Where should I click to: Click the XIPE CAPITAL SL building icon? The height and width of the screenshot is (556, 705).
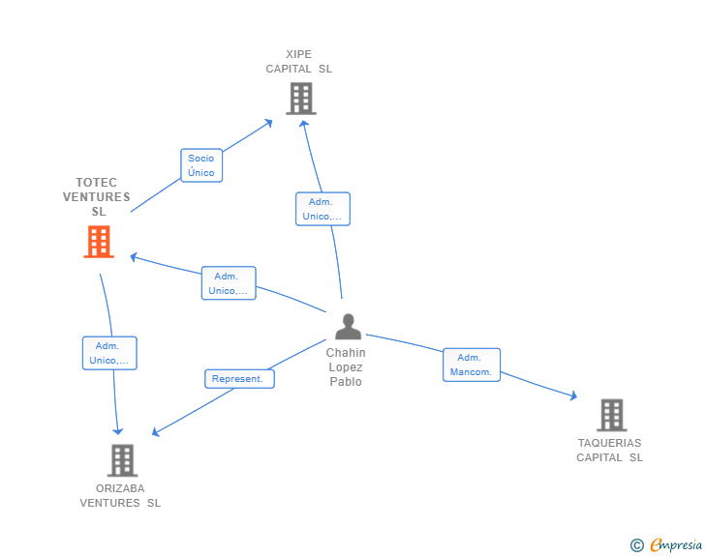pyautogui.click(x=300, y=98)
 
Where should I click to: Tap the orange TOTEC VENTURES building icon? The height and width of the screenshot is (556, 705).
pyautogui.click(x=99, y=242)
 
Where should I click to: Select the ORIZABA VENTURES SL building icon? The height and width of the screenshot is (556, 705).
pyautogui.click(x=121, y=460)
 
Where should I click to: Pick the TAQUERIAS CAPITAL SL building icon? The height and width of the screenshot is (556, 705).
pyautogui.click(x=611, y=415)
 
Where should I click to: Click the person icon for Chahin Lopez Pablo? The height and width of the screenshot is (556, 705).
pyautogui.click(x=347, y=327)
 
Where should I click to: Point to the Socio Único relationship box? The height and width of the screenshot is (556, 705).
pyautogui.click(x=201, y=165)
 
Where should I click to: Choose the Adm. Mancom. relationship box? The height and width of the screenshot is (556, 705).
pyautogui.click(x=472, y=365)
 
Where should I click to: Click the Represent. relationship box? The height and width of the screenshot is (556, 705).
pyautogui.click(x=238, y=379)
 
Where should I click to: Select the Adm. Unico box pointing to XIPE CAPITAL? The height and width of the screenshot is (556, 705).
pyautogui.click(x=322, y=209)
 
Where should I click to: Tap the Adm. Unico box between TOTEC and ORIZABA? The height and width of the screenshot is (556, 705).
pyautogui.click(x=108, y=353)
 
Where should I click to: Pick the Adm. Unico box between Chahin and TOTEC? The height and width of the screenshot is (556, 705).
pyautogui.click(x=229, y=283)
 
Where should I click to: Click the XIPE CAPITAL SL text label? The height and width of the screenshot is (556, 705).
pyautogui.click(x=299, y=61)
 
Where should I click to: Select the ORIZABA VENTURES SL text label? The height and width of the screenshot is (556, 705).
pyautogui.click(x=120, y=495)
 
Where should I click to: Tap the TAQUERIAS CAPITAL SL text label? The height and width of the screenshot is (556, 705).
pyautogui.click(x=610, y=450)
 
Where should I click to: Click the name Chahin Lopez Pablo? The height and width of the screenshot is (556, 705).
pyautogui.click(x=346, y=367)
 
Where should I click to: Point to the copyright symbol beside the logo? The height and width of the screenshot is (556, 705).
pyautogui.click(x=636, y=545)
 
